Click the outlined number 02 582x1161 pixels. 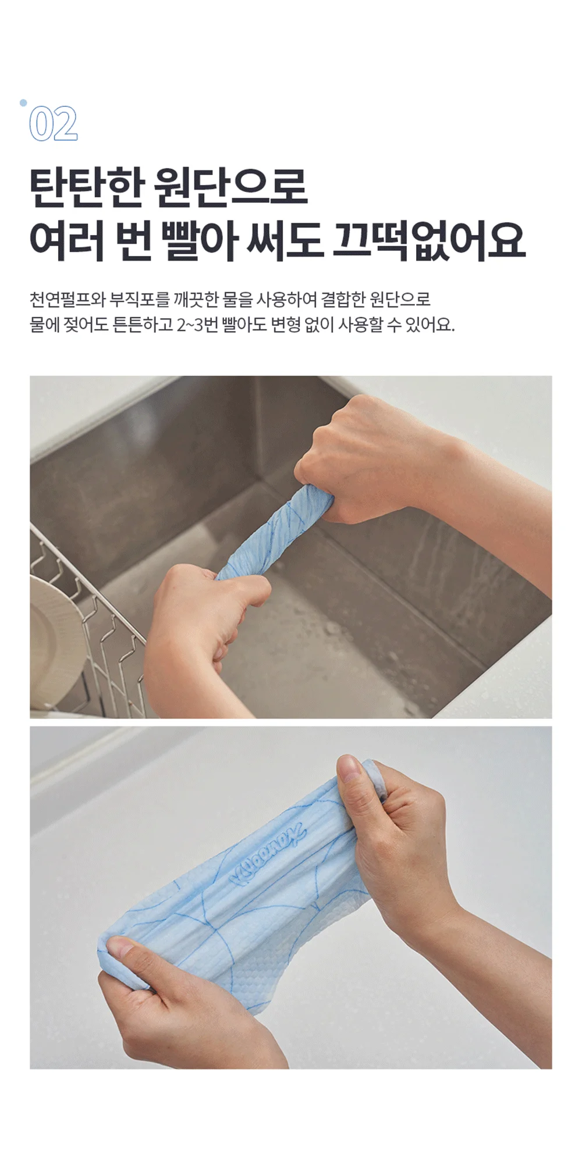[53, 124]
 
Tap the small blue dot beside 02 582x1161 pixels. [23, 103]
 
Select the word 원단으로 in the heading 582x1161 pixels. [232, 187]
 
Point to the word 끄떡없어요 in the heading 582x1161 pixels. [429, 240]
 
